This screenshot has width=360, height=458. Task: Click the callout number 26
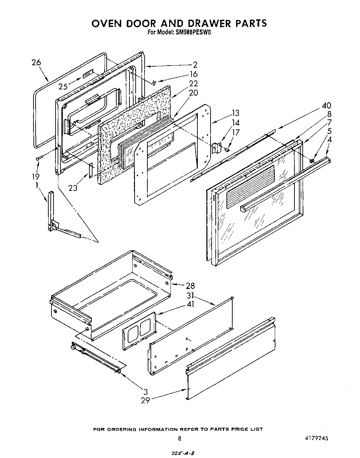(x=36, y=62)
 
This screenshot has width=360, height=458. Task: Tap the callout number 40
(x=326, y=106)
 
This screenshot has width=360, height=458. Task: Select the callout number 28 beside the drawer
(x=190, y=285)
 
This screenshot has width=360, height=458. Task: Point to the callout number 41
(x=190, y=304)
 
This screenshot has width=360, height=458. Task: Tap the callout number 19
(x=35, y=176)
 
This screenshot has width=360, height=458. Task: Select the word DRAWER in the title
(x=200, y=23)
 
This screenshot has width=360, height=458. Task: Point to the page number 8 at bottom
(x=179, y=439)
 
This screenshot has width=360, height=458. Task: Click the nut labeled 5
(x=312, y=160)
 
